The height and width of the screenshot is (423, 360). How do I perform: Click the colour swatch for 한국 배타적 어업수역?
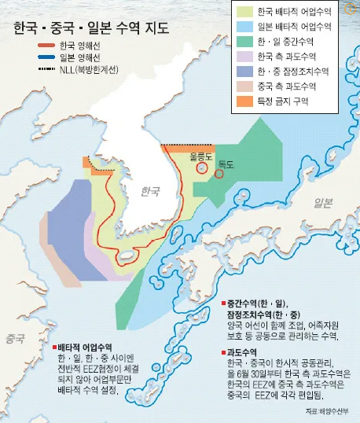[244, 12]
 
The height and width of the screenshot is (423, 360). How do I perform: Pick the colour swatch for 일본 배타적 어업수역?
[244, 27]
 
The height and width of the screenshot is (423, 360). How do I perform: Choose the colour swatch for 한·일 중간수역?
[244, 42]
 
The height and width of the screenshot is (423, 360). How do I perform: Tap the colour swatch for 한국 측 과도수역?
[244, 57]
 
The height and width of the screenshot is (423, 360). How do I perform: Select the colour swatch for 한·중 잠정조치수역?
[244, 72]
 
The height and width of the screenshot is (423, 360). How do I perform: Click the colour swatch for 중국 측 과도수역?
[244, 86]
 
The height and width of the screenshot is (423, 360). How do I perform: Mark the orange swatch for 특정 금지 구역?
[244, 101]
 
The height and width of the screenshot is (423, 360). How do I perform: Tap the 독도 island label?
[228, 164]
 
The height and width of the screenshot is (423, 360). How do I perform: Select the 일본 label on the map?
[323, 203]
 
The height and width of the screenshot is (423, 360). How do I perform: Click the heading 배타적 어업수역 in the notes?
[86, 325]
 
